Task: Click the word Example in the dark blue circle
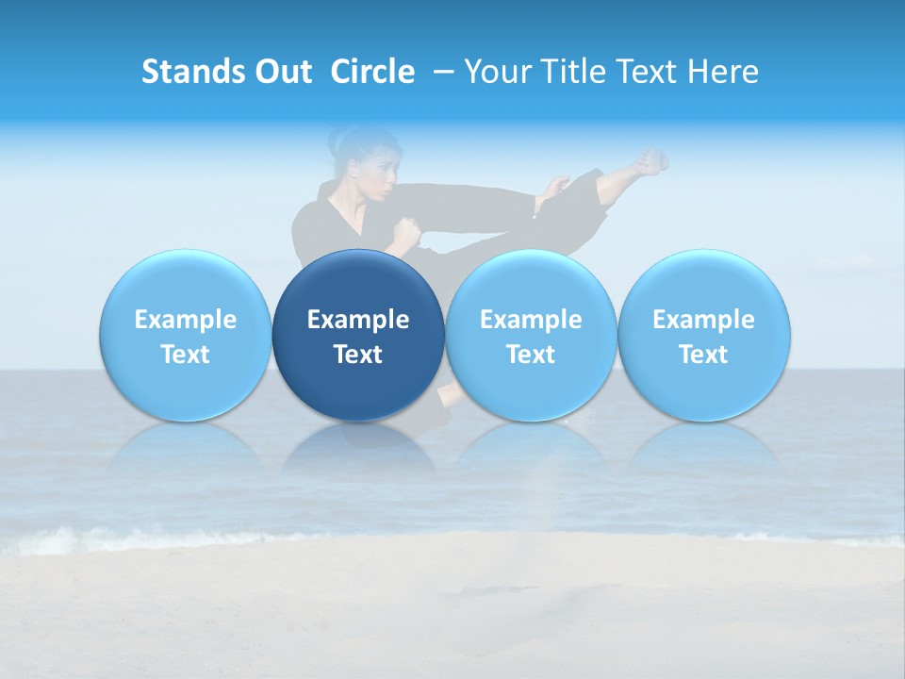358,320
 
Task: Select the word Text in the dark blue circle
358,355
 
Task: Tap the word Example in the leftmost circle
185,320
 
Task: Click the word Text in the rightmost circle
703,355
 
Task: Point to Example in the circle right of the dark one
531,320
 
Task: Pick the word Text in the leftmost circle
185,355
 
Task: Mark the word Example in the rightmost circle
703,320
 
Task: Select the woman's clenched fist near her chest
406,230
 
